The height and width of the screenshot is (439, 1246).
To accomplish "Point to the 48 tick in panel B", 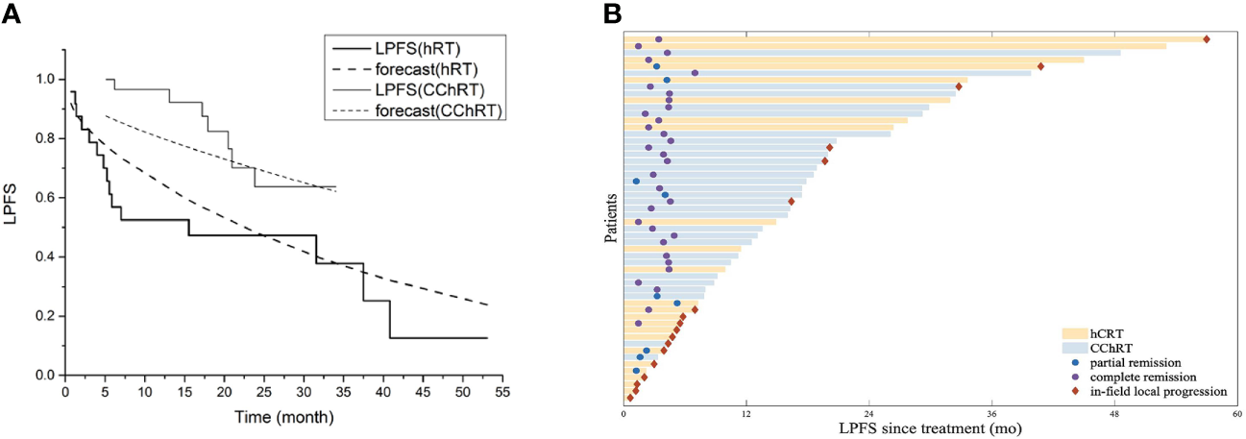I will pos(1114,413).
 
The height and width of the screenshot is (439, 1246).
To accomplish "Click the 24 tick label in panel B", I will pos(868,413).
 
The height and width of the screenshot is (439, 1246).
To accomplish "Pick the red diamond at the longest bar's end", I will pos(1206,39).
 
